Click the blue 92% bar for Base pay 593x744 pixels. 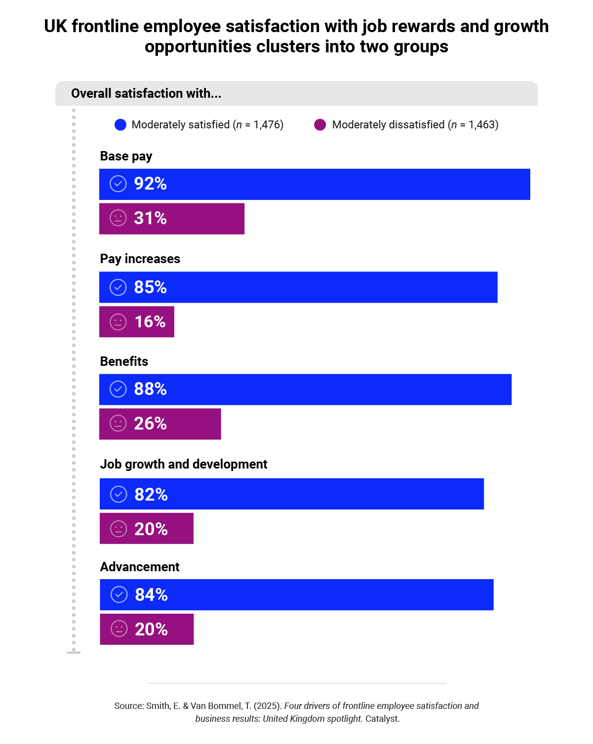click(x=315, y=184)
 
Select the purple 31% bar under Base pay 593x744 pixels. click(x=172, y=219)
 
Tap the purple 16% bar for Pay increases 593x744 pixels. click(x=137, y=322)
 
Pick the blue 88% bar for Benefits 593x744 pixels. click(x=305, y=390)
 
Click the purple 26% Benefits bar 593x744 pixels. click(x=160, y=424)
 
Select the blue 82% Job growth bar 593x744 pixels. click(x=292, y=494)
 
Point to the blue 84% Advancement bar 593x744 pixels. click(x=296, y=595)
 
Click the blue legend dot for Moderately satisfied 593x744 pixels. click(x=120, y=125)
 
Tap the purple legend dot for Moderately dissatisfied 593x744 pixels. click(x=320, y=125)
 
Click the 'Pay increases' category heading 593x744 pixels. click(x=140, y=259)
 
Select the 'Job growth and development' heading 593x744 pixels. click(x=184, y=465)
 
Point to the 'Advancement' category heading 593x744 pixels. click(x=140, y=567)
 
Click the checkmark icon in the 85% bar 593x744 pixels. click(x=118, y=287)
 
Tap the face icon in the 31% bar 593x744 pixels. click(x=118, y=218)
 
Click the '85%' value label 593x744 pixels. click(x=150, y=287)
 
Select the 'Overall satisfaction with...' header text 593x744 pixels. click(x=146, y=94)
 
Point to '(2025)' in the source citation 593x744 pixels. click(x=267, y=706)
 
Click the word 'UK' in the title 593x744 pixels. click(x=55, y=26)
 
